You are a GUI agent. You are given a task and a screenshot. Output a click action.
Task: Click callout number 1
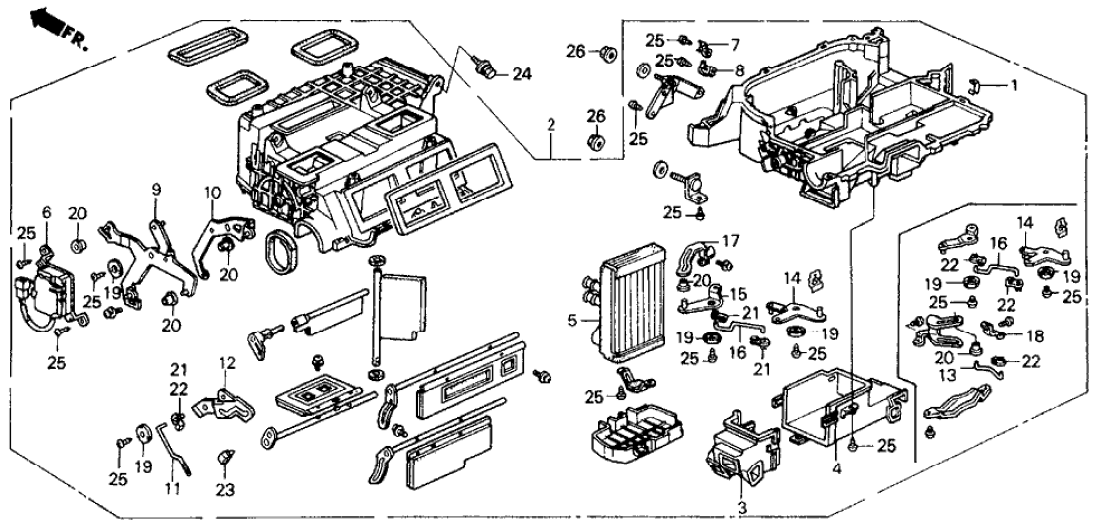1014,85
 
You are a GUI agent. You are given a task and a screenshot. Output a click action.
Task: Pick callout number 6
735,45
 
